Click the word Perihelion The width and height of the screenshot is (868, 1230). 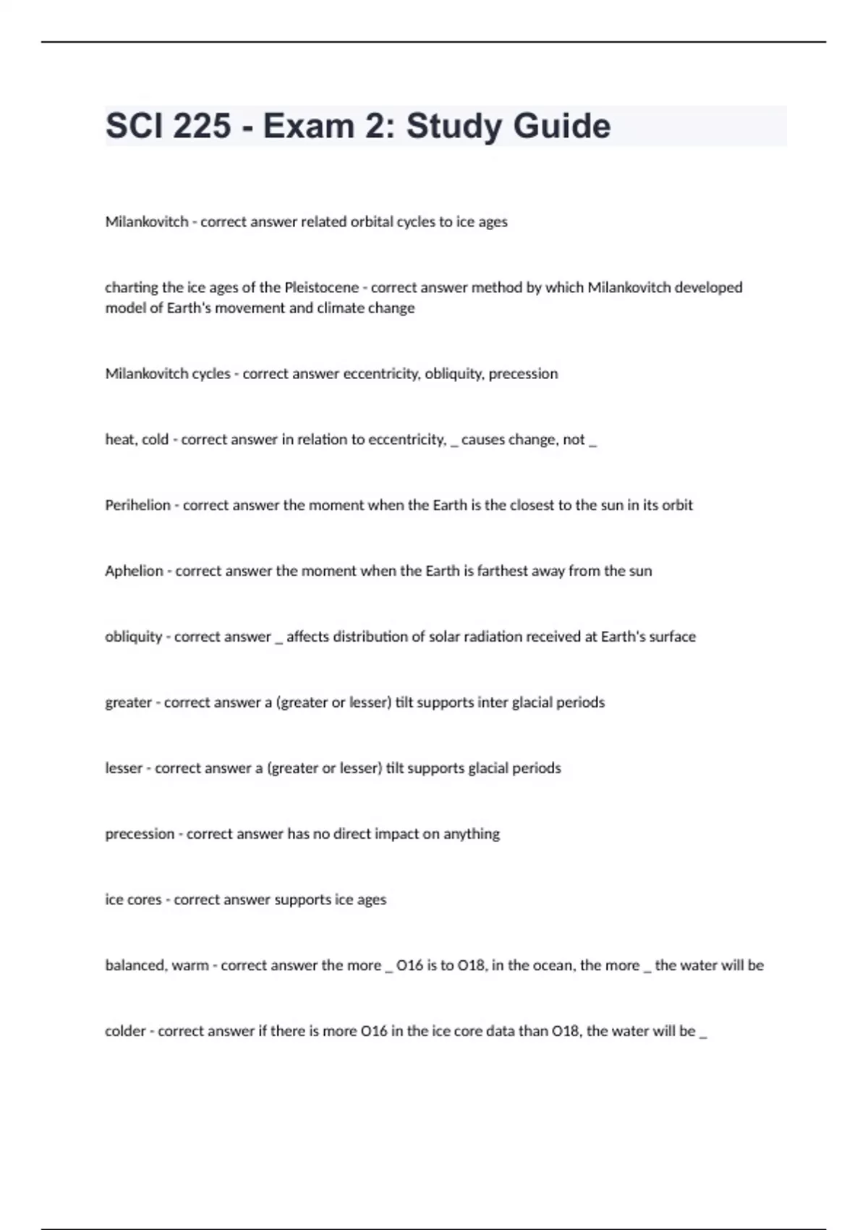137,505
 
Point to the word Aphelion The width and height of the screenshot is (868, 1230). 134,571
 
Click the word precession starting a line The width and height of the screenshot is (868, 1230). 140,834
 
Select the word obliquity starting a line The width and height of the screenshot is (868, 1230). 133,637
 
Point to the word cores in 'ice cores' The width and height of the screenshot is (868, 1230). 144,899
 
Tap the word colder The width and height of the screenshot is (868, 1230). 125,1031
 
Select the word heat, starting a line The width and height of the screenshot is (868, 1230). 120,439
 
